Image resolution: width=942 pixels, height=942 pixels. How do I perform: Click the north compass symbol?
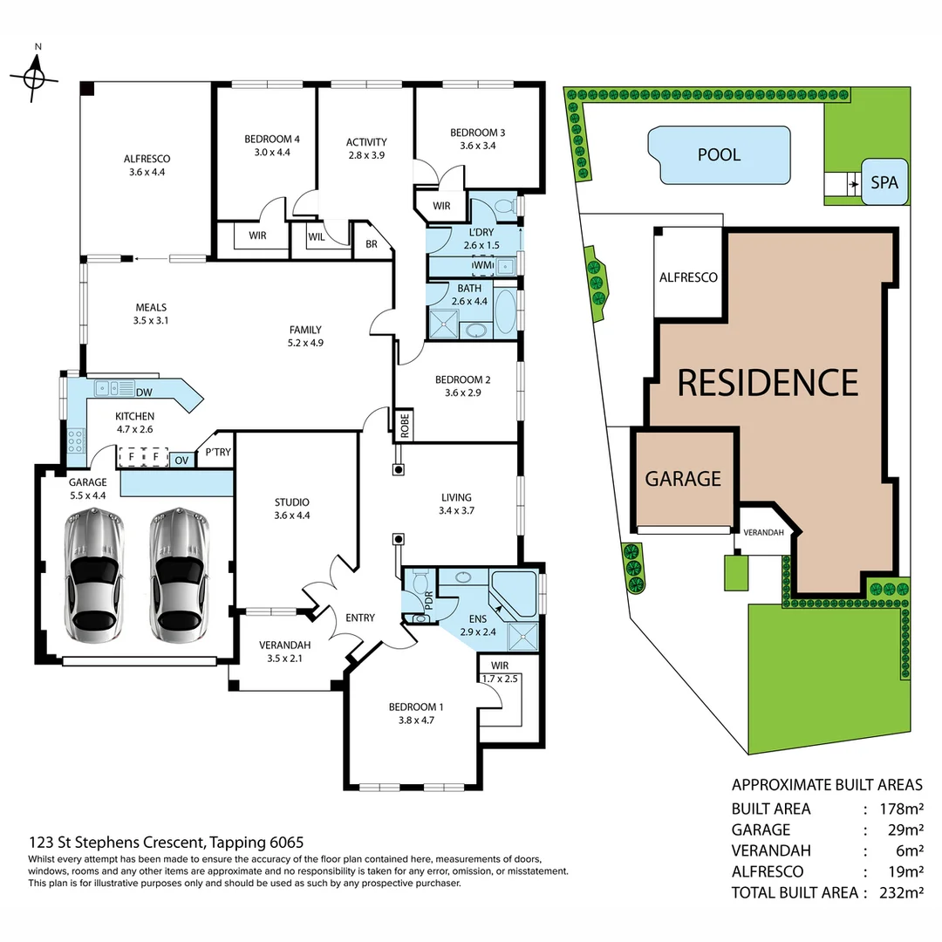point(35,76)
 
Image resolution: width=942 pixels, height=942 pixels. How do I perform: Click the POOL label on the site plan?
point(719,154)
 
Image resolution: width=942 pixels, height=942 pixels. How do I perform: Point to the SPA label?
point(884,183)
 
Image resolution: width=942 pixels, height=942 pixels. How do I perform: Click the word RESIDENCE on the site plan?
point(768,382)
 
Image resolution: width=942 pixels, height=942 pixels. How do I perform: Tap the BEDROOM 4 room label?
point(272,139)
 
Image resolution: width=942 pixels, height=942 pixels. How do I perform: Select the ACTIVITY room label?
point(365,142)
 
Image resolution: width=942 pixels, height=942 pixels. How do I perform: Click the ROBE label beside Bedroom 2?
point(405,426)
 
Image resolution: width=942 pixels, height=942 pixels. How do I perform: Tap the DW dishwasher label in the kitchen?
point(144,392)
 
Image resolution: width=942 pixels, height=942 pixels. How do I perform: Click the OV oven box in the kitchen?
point(181,459)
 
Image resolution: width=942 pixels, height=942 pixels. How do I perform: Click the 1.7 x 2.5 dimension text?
point(499,678)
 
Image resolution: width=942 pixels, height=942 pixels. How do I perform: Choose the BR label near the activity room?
point(371,244)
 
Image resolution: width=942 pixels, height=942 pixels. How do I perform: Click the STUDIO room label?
point(291,502)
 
